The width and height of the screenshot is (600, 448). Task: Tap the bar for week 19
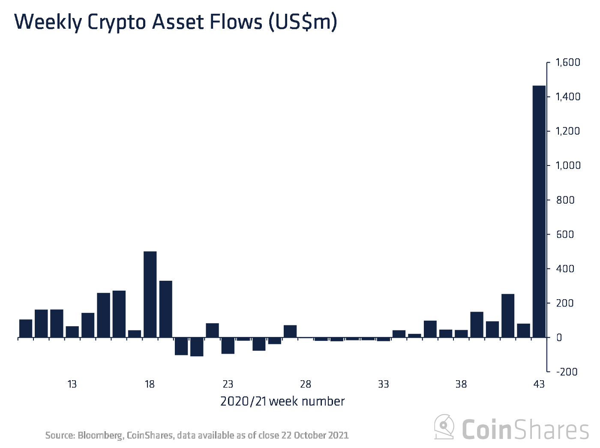165,309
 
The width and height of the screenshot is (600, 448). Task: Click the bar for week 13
72,332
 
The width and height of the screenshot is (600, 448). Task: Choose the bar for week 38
461,334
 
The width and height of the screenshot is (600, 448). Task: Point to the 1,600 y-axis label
568,63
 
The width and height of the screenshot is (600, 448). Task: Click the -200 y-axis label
567,372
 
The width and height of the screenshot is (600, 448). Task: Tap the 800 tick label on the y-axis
565,200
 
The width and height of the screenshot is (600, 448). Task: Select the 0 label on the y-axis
559,338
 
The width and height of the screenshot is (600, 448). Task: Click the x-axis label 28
306,384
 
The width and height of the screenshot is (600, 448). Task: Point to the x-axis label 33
383,384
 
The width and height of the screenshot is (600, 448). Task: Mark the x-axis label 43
539,384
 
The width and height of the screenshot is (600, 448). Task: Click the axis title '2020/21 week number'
282,402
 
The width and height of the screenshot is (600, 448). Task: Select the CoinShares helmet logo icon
444,427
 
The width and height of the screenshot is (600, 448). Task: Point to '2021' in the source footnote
339,436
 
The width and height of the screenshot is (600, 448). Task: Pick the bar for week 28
306,338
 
